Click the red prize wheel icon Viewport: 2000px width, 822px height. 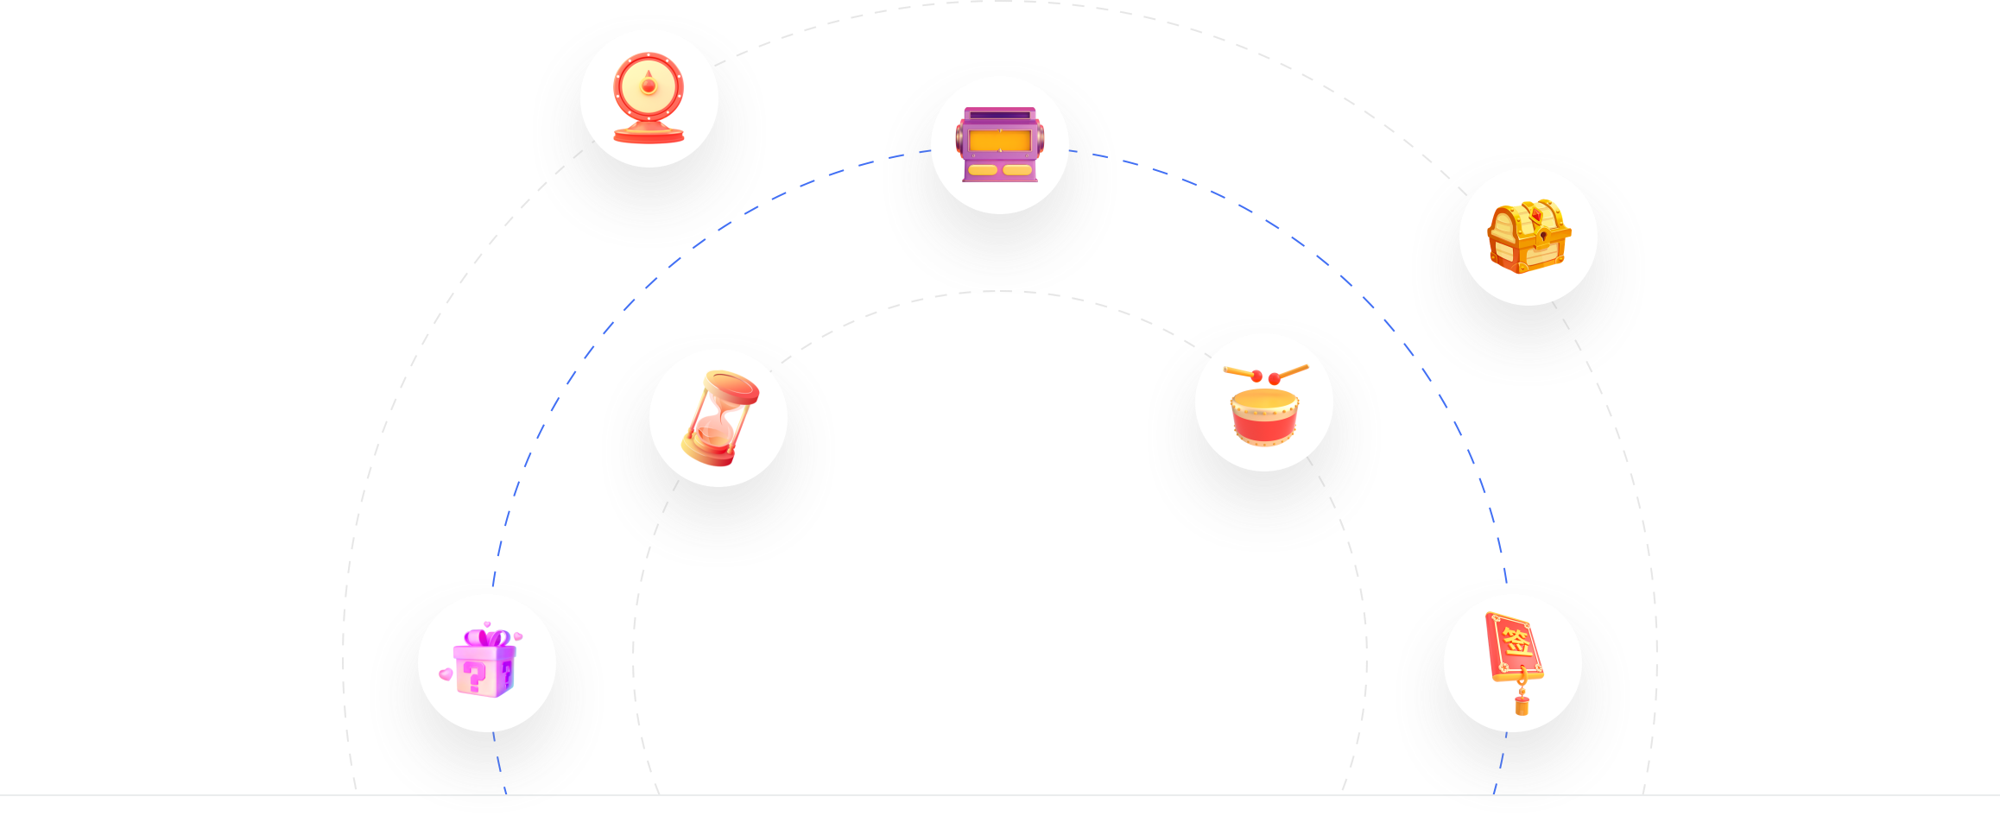[649, 98]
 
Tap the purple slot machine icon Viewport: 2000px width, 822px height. [1000, 144]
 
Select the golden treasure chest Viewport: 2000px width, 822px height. [1528, 237]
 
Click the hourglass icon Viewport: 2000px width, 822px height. [719, 418]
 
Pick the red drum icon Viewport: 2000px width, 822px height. [1265, 405]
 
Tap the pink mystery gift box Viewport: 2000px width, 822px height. [484, 660]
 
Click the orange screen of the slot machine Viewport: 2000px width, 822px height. [1000, 140]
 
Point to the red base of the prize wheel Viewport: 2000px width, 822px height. [649, 134]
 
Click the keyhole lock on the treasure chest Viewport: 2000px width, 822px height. [1543, 235]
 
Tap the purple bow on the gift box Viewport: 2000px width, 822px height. [487, 638]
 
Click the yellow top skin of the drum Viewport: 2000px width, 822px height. [1265, 400]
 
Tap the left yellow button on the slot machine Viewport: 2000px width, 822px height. [983, 170]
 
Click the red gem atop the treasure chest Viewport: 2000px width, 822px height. [1536, 212]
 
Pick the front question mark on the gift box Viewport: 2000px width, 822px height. [474, 677]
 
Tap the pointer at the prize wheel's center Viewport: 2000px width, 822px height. [649, 84]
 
